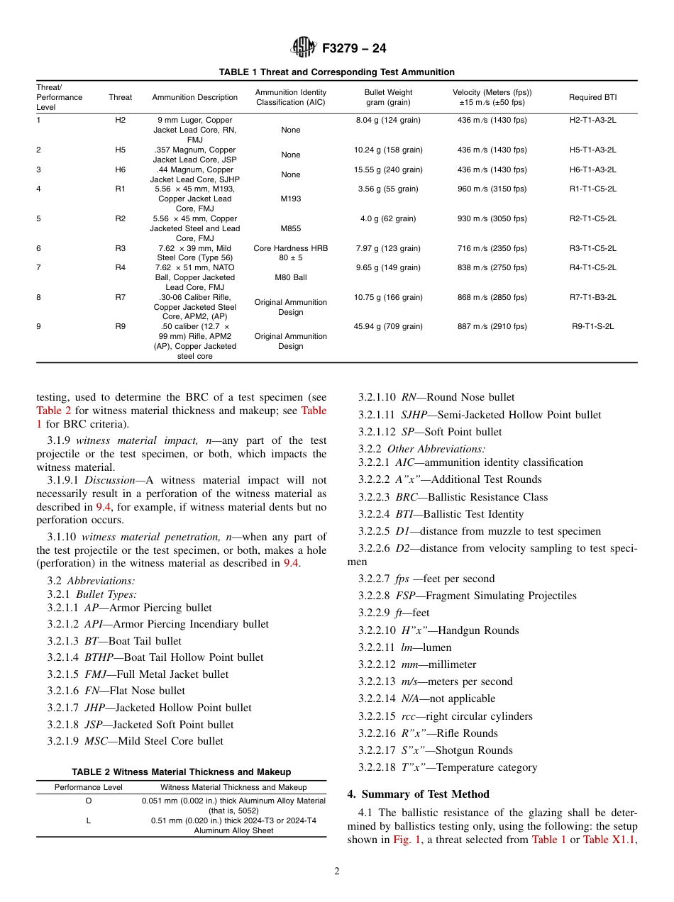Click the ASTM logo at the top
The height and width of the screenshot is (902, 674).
pyautogui.click(x=304, y=48)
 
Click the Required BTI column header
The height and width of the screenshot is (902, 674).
pyautogui.click(x=592, y=97)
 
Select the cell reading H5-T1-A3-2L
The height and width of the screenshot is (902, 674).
pyautogui.click(x=592, y=150)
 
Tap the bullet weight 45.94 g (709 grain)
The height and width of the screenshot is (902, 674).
pyautogui.click(x=388, y=327)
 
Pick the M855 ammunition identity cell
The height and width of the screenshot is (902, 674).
pyautogui.click(x=290, y=229)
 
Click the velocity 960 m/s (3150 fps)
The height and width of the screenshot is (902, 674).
pyautogui.click(x=492, y=189)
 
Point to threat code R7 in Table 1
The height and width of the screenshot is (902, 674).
pyautogui.click(x=120, y=298)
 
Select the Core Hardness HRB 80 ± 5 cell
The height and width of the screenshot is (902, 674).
pyautogui.click(x=290, y=253)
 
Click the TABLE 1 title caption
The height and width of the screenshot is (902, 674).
pyautogui.click(x=336, y=72)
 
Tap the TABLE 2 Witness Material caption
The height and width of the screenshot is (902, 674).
pyautogui.click(x=181, y=772)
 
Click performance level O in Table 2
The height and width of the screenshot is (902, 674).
pyautogui.click(x=89, y=801)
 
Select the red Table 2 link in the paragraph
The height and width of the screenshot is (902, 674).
pyautogui.click(x=54, y=411)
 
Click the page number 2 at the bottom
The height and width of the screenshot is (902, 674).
pyautogui.click(x=337, y=872)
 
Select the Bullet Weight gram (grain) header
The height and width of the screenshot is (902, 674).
pyautogui.click(x=388, y=97)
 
